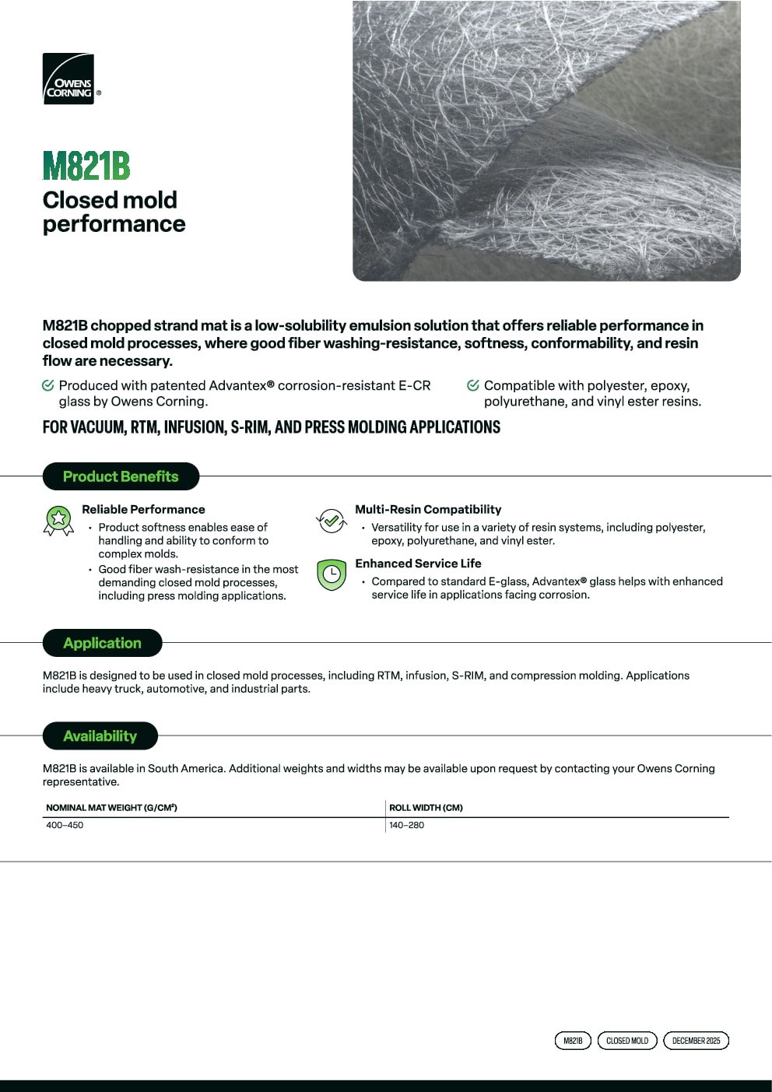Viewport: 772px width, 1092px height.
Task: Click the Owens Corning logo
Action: (x=68, y=79)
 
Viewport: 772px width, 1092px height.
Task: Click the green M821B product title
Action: (x=86, y=166)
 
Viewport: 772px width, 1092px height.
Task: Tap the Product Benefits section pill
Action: (x=121, y=476)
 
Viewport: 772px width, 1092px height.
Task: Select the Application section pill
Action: (x=102, y=643)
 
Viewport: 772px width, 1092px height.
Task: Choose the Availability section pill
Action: (x=100, y=736)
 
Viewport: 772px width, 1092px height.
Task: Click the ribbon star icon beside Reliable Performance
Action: (x=58, y=520)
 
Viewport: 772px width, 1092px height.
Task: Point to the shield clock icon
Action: (x=332, y=574)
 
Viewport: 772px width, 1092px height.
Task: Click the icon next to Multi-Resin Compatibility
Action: (x=332, y=520)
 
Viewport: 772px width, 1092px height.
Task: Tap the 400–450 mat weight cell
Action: (x=65, y=825)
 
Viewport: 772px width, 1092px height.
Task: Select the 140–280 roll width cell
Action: (x=406, y=825)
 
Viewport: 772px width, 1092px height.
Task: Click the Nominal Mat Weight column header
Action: (x=111, y=807)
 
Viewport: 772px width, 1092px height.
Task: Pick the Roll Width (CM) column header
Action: (x=426, y=807)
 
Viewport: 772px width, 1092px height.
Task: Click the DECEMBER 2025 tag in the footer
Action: (x=696, y=1041)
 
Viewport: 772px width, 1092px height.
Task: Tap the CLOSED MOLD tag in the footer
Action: (x=627, y=1041)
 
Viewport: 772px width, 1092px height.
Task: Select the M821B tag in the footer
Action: (x=573, y=1041)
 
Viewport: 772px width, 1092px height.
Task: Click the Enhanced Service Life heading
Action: (x=418, y=564)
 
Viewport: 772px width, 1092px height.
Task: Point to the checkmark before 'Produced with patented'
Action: (x=48, y=385)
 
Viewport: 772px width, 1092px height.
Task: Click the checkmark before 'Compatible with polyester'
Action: (x=473, y=385)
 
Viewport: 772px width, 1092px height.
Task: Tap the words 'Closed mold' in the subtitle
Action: (x=110, y=200)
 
